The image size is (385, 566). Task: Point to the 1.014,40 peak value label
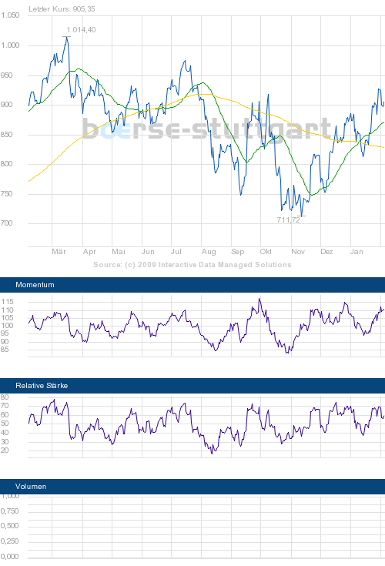coord(82,29)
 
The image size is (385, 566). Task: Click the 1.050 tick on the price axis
coord(10,15)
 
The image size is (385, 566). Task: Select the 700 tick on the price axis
coord(12,224)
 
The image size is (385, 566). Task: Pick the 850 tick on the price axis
coord(12,135)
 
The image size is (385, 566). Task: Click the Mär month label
coord(59,252)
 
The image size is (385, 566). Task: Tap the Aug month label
coord(208,252)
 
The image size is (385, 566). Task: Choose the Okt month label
coord(266,252)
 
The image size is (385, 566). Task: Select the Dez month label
coord(326,252)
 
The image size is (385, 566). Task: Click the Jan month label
coord(357,252)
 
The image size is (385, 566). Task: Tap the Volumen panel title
coord(31,487)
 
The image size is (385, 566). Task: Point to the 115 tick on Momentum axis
coord(8,301)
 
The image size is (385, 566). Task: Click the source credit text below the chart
coord(192,264)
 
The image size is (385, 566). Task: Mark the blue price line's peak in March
coord(67,36)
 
